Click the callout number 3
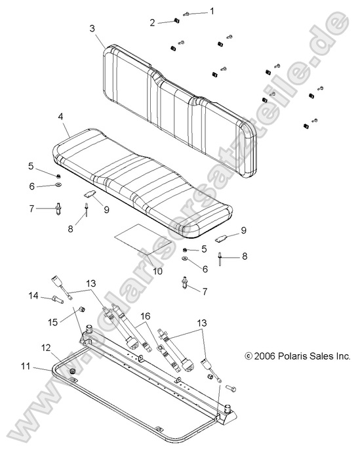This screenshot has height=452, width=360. [92, 28]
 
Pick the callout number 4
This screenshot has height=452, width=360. [60, 117]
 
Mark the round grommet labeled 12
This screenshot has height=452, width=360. [72, 372]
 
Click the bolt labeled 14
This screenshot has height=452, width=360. [56, 300]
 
